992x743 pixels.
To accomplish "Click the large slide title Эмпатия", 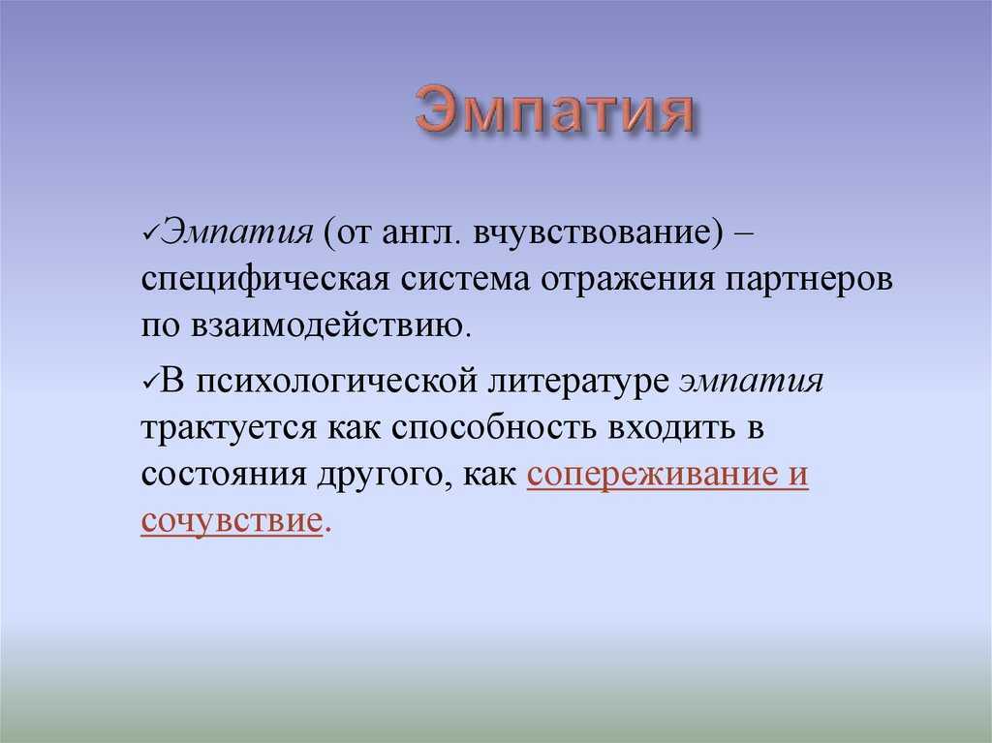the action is pos(555,110).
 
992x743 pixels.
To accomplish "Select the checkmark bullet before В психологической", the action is pos(150,381).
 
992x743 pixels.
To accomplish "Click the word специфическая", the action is pos(265,280).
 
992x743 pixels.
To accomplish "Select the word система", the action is pos(466,281).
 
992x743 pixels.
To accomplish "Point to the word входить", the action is pos(671,429).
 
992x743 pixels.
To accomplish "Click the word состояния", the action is pos(224,476).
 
